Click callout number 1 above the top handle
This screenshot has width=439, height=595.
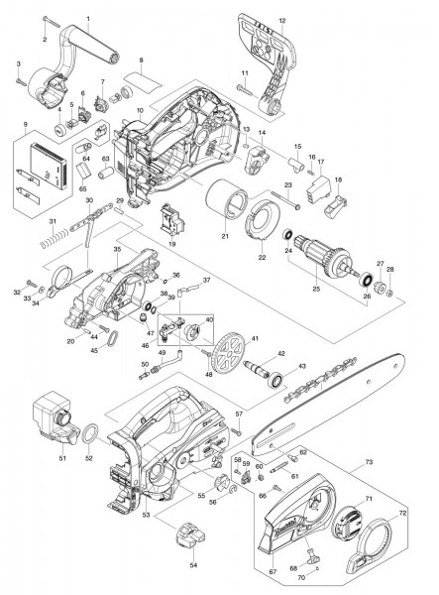click(x=87, y=19)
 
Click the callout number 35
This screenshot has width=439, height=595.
click(x=117, y=251)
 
